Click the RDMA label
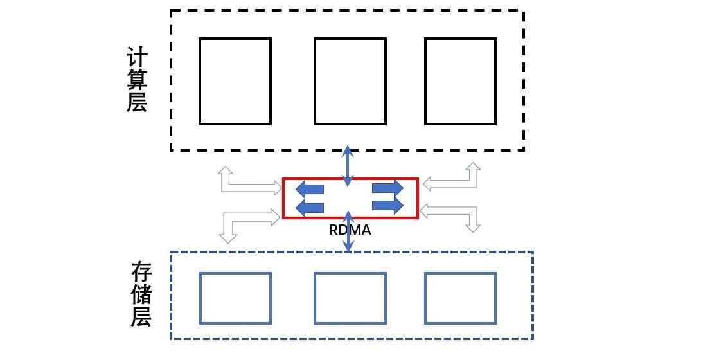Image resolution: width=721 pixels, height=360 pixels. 350,230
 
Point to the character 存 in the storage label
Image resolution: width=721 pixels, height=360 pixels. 141,273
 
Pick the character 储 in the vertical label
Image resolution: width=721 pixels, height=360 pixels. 141,295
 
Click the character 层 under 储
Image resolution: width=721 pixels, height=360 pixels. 141,316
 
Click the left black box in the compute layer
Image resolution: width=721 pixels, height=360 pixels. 235,81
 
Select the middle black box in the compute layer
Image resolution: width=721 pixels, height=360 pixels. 350,81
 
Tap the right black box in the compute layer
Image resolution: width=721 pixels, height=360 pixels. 460,81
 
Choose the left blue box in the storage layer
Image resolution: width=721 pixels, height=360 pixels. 235,298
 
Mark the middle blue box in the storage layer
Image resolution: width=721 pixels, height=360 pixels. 350,298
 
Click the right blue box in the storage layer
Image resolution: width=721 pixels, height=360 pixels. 460,298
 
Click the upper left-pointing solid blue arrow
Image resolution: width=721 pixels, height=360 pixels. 309,189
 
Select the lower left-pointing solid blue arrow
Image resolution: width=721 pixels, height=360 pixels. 309,206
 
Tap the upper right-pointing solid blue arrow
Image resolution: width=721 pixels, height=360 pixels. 387,188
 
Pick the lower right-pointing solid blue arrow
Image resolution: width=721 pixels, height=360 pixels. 387,205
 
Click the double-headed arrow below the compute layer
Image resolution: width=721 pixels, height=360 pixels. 348,165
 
